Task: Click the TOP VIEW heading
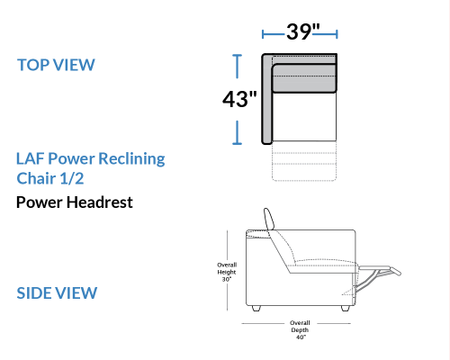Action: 56,65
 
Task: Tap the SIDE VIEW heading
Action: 57,293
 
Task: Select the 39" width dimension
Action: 303,31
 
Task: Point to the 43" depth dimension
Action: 239,99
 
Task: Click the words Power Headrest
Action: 75,202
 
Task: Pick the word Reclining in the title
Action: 131,159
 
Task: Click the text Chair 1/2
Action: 50,178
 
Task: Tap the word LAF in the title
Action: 30,158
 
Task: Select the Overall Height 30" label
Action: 227,272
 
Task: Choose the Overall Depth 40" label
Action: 300,330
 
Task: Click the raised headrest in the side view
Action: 269,219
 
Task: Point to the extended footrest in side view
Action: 380,269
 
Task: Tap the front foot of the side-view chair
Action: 346,309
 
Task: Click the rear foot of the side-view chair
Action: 256,309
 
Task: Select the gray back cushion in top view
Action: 304,77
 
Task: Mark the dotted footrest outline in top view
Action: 304,161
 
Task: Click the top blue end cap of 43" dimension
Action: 237,56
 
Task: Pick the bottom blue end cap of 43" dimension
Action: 237,144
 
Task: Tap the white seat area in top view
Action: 304,116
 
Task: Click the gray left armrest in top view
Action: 266,99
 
